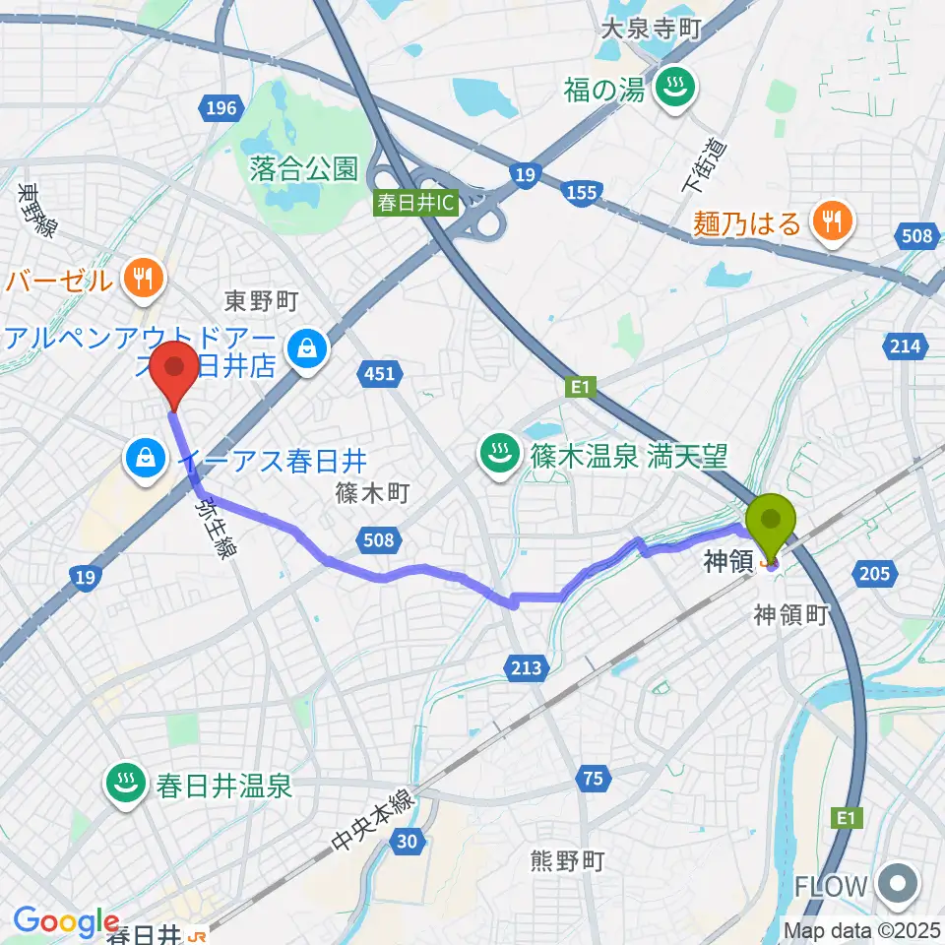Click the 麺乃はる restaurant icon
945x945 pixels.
point(833,222)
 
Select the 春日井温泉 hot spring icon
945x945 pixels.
point(125,786)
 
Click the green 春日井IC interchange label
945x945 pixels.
point(416,204)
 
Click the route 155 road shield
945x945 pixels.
point(582,193)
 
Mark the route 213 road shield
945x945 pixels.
point(527,668)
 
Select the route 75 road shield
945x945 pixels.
point(592,779)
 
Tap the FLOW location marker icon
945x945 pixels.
point(899,885)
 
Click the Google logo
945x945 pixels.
point(66,921)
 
